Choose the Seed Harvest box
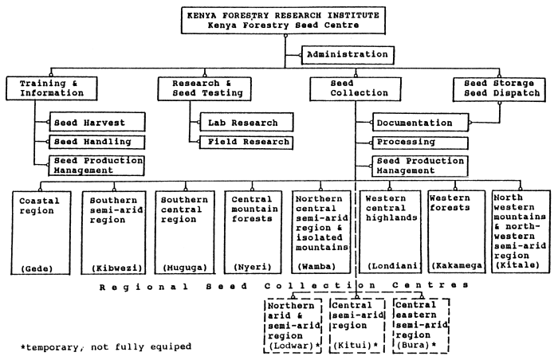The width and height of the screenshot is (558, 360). (98, 123)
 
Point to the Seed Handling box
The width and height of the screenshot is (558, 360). (98, 142)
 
